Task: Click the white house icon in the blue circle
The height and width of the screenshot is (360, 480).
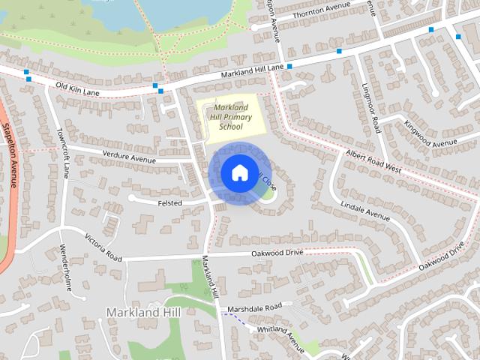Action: pyautogui.click(x=239, y=172)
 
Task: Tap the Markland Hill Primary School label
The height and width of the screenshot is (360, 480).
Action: pyautogui.click(x=230, y=117)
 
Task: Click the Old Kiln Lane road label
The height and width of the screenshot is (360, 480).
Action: pyautogui.click(x=78, y=89)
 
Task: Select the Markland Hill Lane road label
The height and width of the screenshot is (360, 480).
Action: pyautogui.click(x=253, y=71)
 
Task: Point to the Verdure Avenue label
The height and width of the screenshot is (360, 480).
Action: pyautogui.click(x=128, y=159)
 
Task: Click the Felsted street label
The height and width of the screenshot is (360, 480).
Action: pyautogui.click(x=170, y=202)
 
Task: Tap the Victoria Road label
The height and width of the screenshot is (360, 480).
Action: pyautogui.click(x=103, y=247)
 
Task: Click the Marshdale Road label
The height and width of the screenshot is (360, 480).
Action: pyautogui.click(x=256, y=307)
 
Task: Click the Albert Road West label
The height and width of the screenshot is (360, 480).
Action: pyautogui.click(x=373, y=161)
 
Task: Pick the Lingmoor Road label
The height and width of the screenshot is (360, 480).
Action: pyautogui.click(x=370, y=108)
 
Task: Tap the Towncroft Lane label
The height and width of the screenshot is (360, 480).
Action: pyautogui.click(x=64, y=153)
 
